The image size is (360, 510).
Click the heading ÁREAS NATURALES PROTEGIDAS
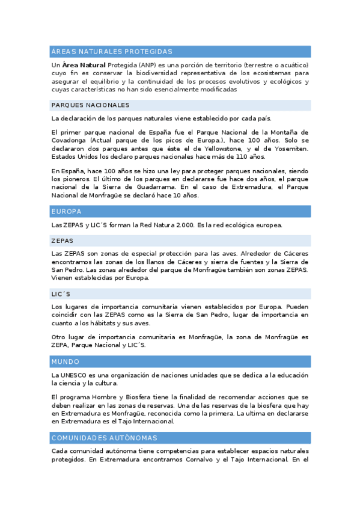click(112, 52)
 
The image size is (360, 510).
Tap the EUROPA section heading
click(66, 212)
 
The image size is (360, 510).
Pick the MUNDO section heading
click(66, 362)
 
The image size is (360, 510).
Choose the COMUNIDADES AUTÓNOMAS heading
click(105, 438)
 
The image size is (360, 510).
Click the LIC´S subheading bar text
click(61, 294)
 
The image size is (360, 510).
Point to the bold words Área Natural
click(84, 64)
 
